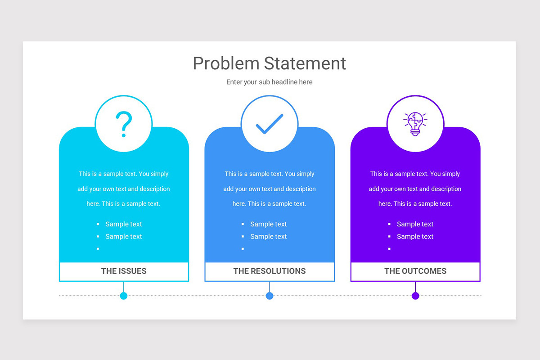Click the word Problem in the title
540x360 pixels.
(x=226, y=63)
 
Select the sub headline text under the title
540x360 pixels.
(x=269, y=82)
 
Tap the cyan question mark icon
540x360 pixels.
(x=124, y=124)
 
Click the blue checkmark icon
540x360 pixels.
(x=269, y=124)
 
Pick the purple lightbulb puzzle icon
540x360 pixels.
(x=415, y=124)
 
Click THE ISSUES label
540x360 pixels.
(x=124, y=271)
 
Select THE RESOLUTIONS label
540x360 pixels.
(x=269, y=271)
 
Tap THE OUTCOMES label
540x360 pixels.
(x=415, y=271)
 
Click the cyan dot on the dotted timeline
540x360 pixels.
(x=124, y=296)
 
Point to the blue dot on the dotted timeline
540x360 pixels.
(x=270, y=296)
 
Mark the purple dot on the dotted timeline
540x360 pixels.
(x=415, y=296)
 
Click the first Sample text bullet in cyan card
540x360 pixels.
(x=123, y=224)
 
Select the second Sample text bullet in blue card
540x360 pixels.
(x=268, y=236)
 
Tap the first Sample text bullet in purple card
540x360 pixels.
(x=415, y=224)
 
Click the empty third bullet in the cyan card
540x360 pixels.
(x=98, y=248)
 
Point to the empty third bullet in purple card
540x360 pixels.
(x=389, y=248)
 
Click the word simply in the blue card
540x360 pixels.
(x=306, y=174)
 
